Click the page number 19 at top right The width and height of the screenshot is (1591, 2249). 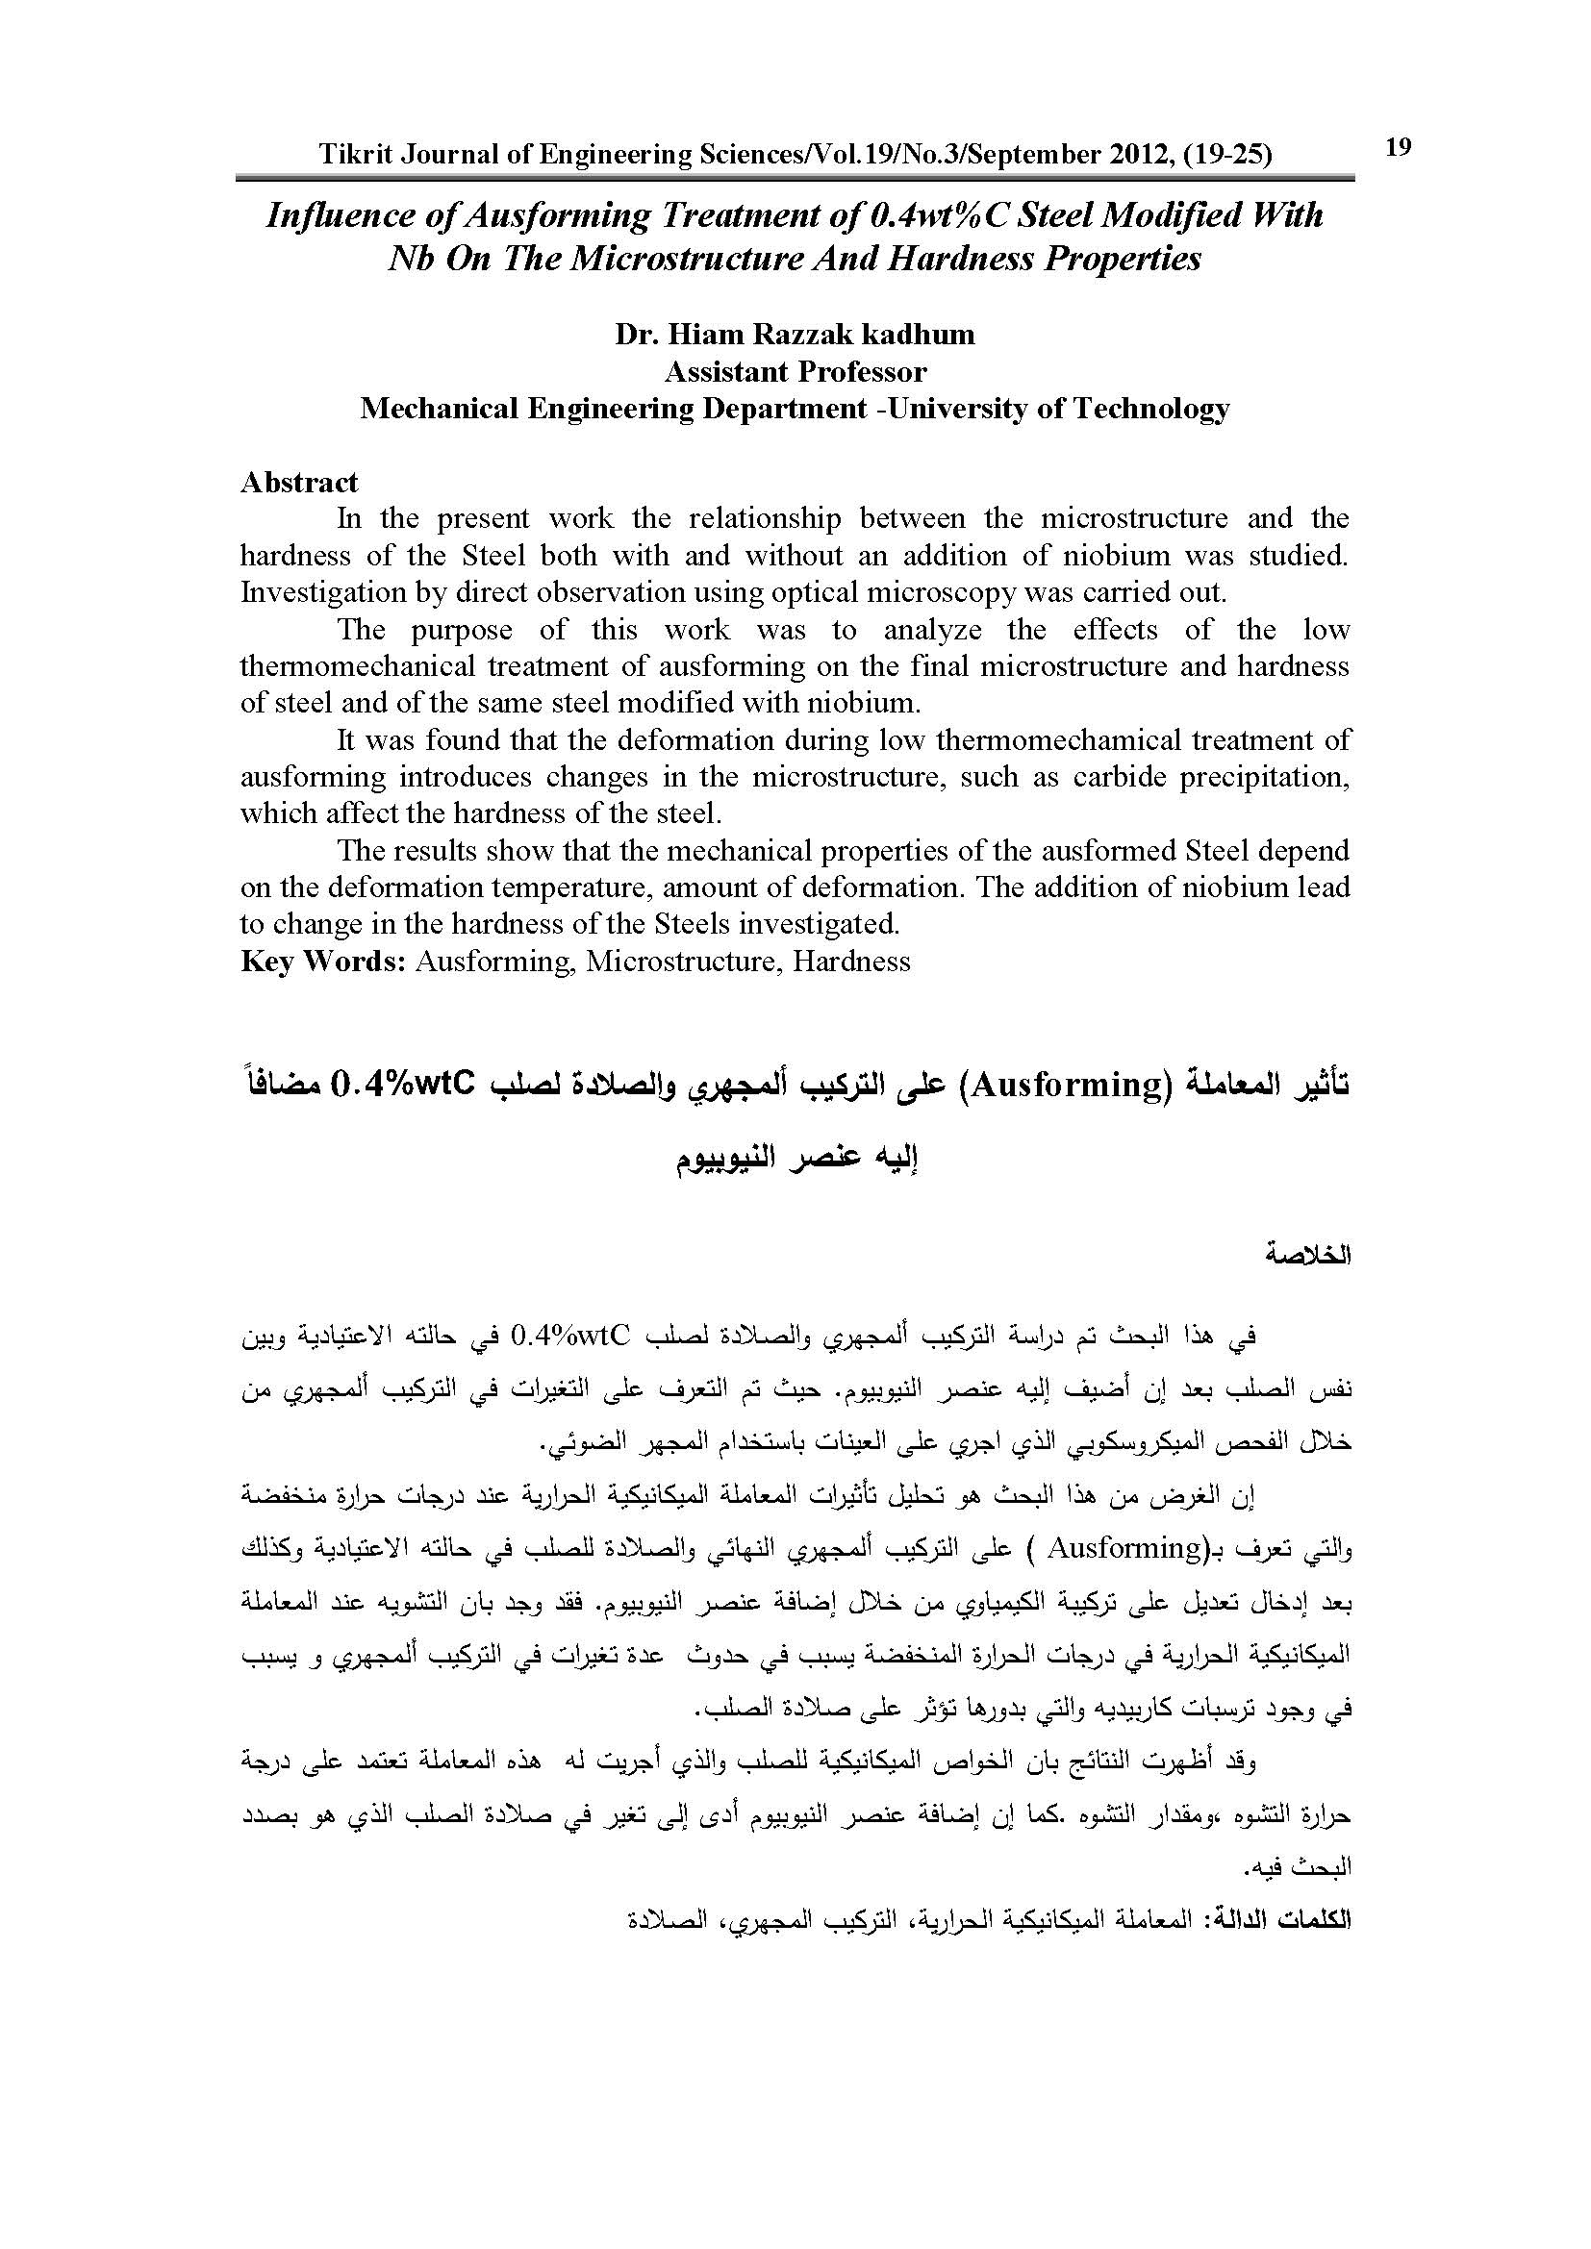(1398, 147)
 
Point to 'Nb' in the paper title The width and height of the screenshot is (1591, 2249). (412, 259)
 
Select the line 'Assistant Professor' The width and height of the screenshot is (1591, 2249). (795, 372)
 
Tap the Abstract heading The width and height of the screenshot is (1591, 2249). (300, 482)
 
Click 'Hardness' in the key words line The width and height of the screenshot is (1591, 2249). (851, 962)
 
